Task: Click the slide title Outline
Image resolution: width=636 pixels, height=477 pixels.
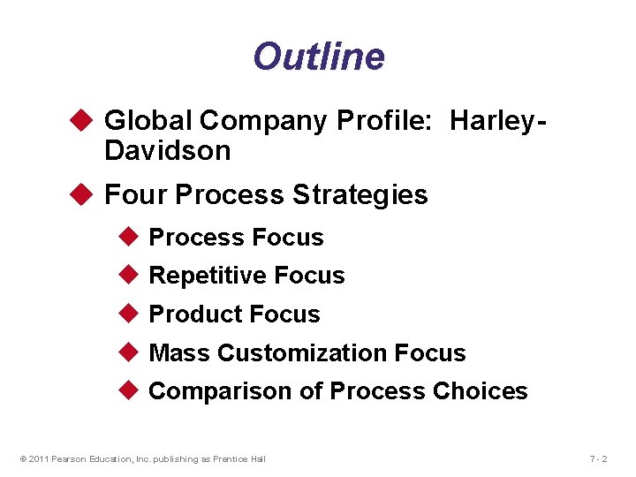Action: click(318, 57)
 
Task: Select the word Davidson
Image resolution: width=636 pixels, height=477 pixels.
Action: click(167, 151)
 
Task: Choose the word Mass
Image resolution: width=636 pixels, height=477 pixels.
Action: click(179, 353)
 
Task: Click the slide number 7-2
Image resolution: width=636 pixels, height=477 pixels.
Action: click(598, 458)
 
